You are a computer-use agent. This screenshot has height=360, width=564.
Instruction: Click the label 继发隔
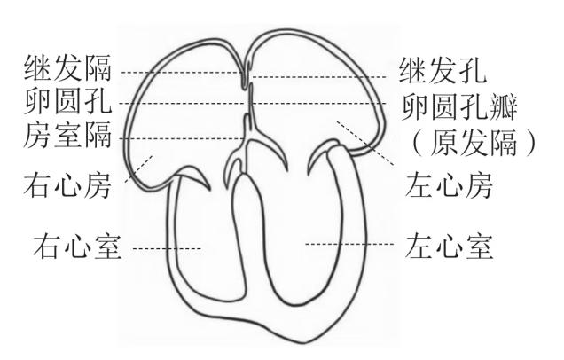coord(68,67)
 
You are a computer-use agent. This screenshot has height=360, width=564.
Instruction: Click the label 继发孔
coord(443,70)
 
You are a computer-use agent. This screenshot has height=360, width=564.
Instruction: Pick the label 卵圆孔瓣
coord(459,107)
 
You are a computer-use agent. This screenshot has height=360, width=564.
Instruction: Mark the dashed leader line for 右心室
coord(167,248)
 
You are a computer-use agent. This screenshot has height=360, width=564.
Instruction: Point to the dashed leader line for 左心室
coord(349,244)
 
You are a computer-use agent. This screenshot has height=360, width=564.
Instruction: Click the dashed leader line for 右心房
coord(138,168)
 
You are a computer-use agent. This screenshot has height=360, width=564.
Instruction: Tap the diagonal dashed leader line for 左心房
coord(365,143)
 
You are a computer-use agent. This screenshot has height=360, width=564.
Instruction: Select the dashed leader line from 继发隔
coord(182,73)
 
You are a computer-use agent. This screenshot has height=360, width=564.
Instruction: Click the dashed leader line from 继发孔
coord(318,77)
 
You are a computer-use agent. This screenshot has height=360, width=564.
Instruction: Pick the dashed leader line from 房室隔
coord(181,138)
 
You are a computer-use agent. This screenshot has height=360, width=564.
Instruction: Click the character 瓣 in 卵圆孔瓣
coord(504,107)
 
